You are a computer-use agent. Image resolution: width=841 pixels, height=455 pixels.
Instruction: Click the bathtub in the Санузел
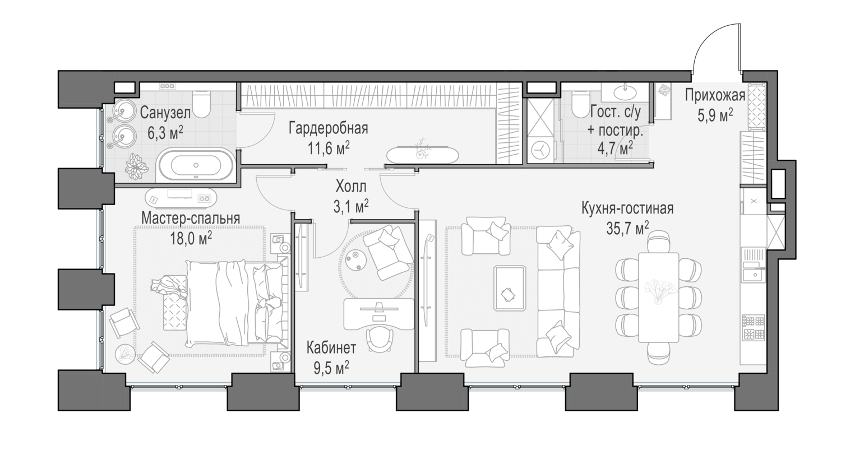click(x=196, y=164)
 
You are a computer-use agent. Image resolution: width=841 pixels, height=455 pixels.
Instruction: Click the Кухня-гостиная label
click(x=627, y=208)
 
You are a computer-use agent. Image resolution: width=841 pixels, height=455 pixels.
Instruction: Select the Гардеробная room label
click(x=328, y=128)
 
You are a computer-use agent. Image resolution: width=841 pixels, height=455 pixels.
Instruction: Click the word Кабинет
click(x=331, y=348)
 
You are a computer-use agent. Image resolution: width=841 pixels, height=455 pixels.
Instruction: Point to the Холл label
click(x=350, y=186)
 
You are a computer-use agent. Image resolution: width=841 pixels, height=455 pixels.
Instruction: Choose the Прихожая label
click(x=715, y=95)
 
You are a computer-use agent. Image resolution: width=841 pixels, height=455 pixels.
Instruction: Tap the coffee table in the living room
click(x=510, y=288)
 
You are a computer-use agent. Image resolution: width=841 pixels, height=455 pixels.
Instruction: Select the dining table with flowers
click(x=659, y=298)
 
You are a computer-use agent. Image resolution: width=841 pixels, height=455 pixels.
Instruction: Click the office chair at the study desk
click(x=380, y=338)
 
